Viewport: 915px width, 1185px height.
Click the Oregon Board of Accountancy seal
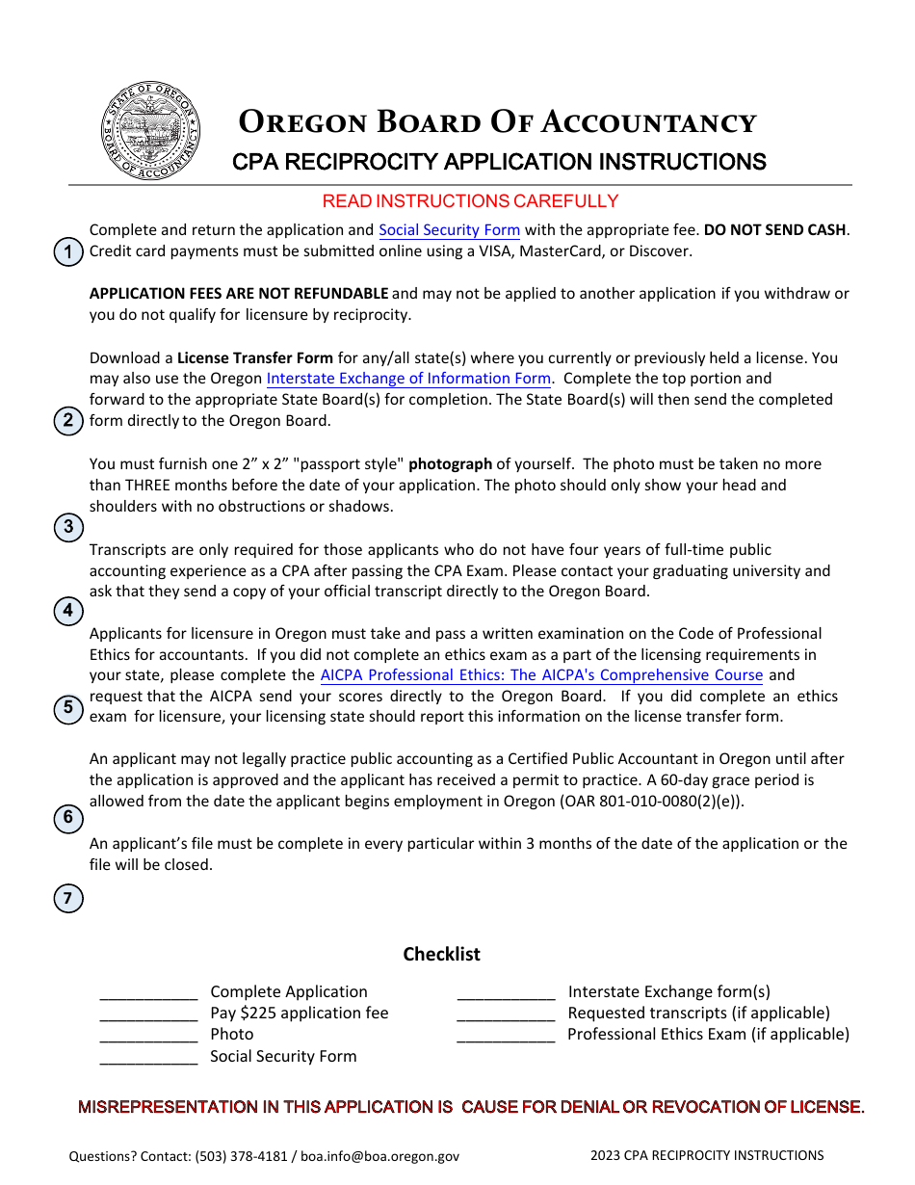150,131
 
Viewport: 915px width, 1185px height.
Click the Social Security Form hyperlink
449,230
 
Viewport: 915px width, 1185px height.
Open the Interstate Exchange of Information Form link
408,379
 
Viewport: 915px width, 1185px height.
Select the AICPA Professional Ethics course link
541,675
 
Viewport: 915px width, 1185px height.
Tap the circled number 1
67,253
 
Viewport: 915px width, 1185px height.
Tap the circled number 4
67,611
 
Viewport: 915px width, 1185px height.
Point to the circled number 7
67,899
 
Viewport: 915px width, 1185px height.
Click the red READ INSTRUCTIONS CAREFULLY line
470,201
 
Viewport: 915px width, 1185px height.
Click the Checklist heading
441,954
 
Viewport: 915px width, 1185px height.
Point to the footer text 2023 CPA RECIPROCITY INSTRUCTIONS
707,1155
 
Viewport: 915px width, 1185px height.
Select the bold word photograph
450,463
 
